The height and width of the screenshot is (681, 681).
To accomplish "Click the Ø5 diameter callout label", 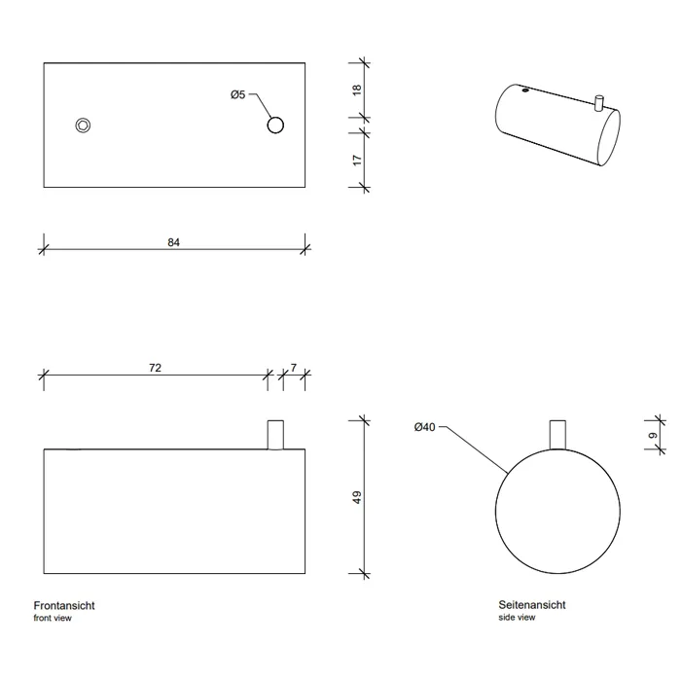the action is coord(238,94).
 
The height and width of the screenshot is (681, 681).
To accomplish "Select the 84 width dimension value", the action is coord(174,242).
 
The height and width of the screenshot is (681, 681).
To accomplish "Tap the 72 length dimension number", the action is coord(155,368).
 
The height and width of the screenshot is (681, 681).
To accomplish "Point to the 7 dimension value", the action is coord(294,368).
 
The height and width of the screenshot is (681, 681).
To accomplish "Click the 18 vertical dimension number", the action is coord(357,90).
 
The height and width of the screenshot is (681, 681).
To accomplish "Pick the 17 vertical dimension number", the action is coord(357,160).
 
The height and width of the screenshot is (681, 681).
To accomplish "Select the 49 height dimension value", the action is coord(357,497).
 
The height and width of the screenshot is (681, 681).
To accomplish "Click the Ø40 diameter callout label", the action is coord(424,427).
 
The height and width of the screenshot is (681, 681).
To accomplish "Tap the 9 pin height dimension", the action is coord(653,436).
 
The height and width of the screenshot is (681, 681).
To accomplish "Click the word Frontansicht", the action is coord(64,605).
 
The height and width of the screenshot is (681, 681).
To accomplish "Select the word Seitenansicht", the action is coord(532,604).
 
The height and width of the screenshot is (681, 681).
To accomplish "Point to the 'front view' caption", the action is coord(53,618).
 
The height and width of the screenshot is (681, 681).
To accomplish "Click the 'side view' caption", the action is coord(517,617).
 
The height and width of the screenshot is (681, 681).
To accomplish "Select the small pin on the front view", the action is coord(275,435).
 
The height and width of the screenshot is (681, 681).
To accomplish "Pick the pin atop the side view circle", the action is coord(557,435).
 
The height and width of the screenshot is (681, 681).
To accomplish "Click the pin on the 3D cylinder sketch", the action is coord(598,103).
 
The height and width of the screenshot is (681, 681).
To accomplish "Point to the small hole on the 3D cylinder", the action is coord(525,90).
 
